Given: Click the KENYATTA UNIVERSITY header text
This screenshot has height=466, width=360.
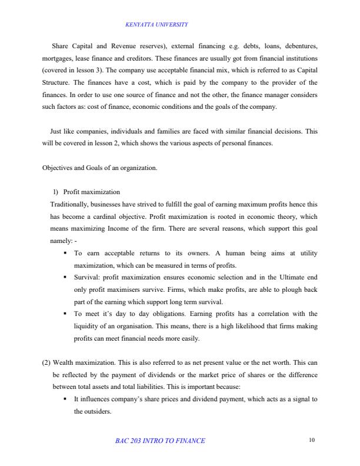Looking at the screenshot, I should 156,24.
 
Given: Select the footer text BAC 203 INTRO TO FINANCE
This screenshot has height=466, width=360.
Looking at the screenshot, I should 160,441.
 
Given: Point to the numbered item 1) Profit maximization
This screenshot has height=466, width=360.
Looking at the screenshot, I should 86,192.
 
